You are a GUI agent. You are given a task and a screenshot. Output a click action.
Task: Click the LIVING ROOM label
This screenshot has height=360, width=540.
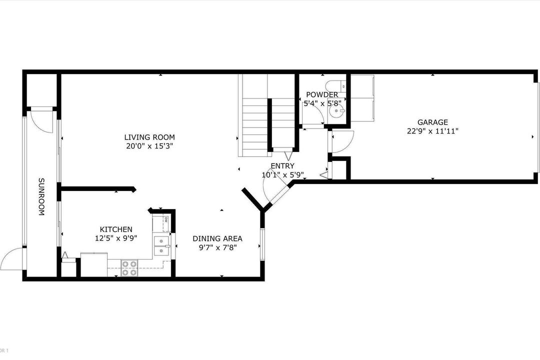click(x=149, y=137)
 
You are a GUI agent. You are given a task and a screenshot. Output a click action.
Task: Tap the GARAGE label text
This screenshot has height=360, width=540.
click(x=432, y=122)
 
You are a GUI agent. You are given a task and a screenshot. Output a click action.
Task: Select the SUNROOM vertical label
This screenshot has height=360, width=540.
click(x=41, y=196)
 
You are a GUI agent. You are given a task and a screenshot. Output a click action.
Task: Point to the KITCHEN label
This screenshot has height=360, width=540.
click(x=116, y=229)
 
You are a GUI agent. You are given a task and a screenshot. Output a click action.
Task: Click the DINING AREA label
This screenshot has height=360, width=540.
click(x=217, y=238)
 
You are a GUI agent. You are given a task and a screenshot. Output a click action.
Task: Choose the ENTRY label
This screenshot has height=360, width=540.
click(x=282, y=165)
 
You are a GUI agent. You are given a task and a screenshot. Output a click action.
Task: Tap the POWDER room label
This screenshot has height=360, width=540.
click(x=322, y=94)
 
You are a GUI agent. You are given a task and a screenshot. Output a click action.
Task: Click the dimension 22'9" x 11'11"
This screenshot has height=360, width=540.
click(x=432, y=131)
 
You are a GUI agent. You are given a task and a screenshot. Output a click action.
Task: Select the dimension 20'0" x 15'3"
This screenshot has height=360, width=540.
click(x=149, y=146)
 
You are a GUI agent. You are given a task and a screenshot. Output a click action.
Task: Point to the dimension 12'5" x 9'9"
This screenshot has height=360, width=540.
click(x=116, y=238)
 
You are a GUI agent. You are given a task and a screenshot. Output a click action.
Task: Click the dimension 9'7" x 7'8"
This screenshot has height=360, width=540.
click(x=217, y=247)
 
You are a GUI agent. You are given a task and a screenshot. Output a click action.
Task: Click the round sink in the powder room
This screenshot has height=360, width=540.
click(x=335, y=110)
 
